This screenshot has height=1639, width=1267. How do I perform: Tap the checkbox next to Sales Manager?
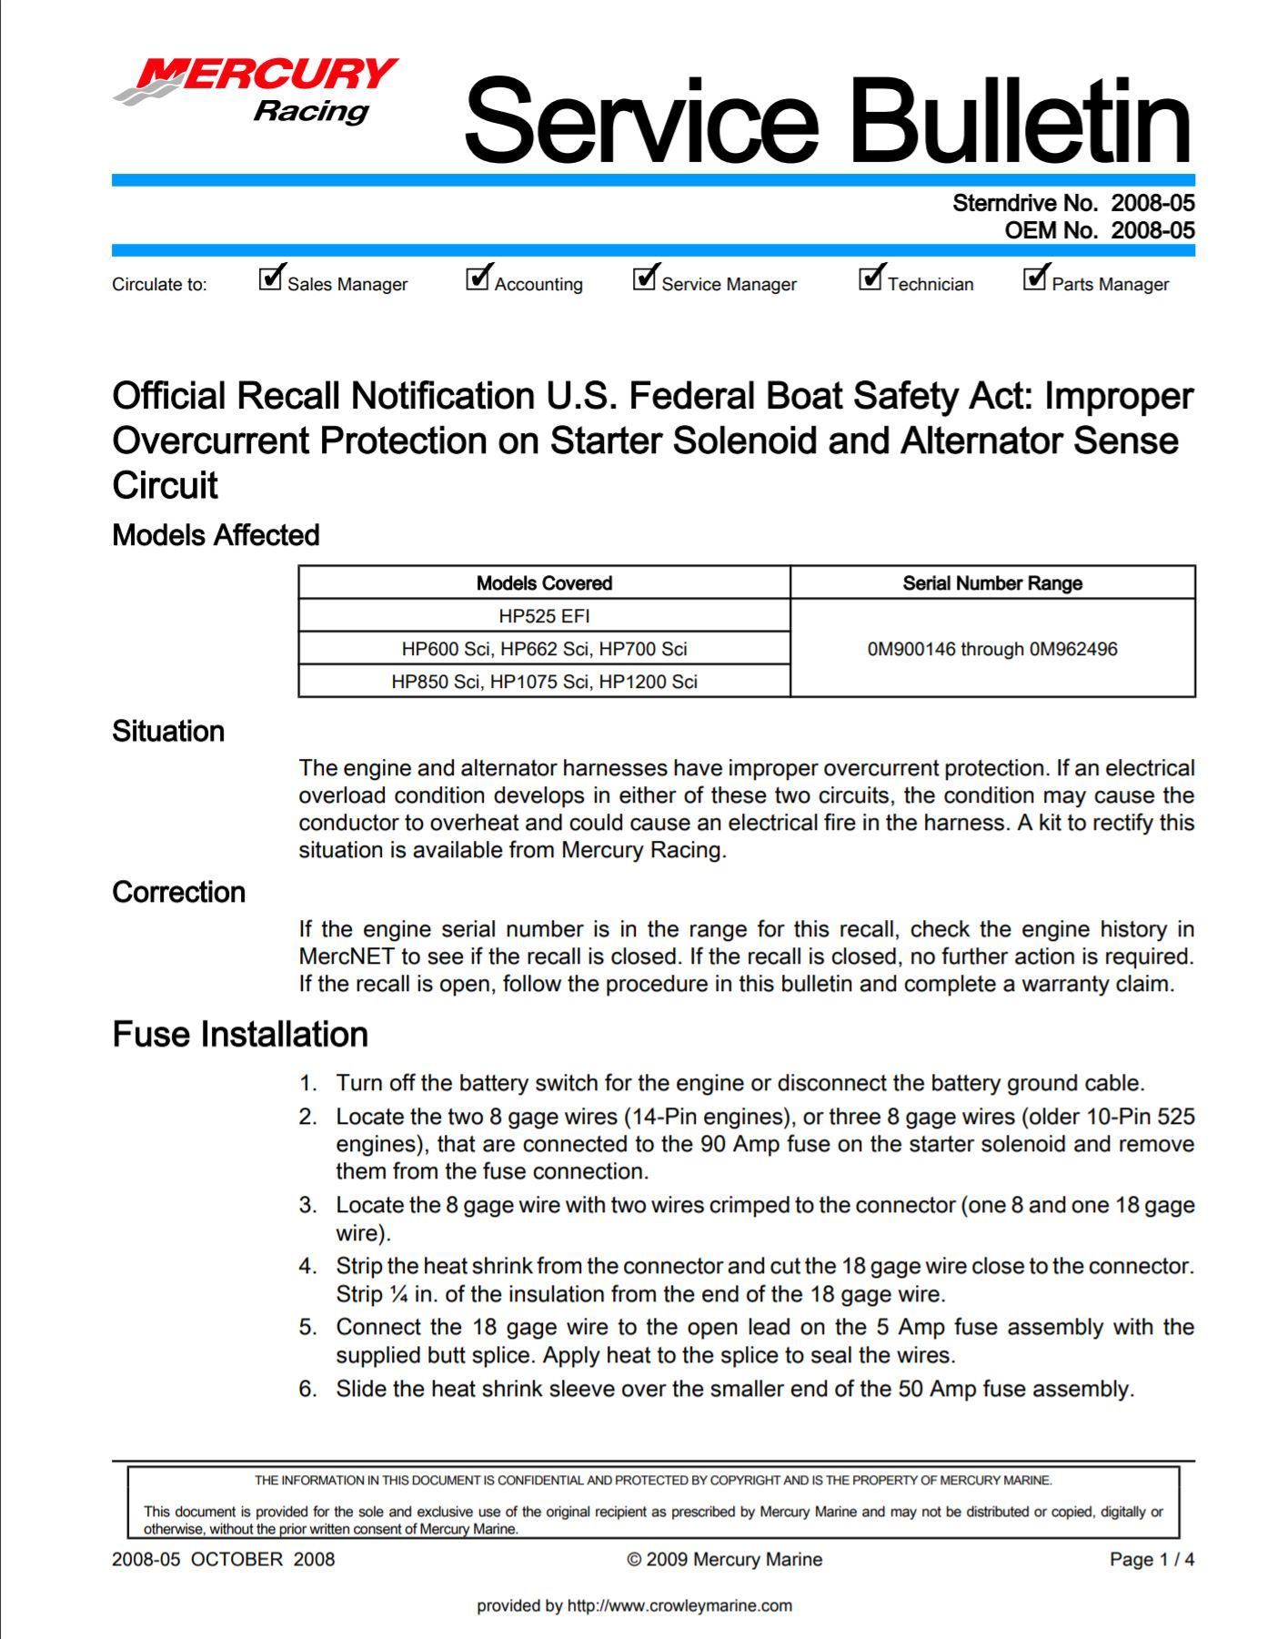[270, 278]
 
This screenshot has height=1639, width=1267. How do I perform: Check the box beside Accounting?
[478, 278]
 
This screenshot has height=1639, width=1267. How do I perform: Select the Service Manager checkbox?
[644, 278]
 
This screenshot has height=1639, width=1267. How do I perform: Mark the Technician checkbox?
[870, 278]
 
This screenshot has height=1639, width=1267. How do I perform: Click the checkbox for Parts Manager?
[1034, 278]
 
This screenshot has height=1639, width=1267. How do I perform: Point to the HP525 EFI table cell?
[544, 616]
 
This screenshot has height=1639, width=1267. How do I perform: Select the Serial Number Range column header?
[991, 583]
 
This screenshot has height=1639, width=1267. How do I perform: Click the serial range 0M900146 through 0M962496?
[991, 649]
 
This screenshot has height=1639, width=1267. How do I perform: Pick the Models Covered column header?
[544, 583]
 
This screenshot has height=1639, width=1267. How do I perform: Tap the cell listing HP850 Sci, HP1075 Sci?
[544, 682]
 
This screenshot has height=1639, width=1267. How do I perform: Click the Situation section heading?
[168, 732]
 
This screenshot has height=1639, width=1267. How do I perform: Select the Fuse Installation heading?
[240, 1035]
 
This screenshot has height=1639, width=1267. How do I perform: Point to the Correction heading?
[178, 893]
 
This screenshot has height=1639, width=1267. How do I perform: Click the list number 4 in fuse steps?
[308, 1266]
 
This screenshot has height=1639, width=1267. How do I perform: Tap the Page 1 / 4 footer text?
[1151, 1560]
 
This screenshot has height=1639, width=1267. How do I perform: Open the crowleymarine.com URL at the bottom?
[679, 1606]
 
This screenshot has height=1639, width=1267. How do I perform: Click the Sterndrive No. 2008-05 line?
[1073, 203]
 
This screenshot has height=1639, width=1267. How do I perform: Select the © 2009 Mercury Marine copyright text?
[724, 1560]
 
